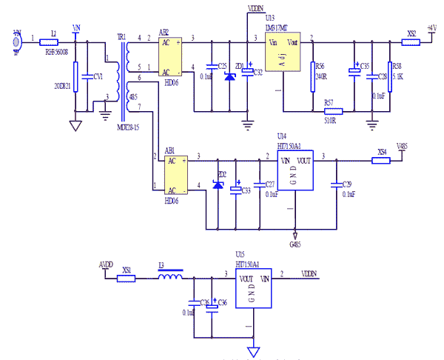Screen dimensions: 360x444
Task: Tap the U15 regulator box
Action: [x=254, y=290]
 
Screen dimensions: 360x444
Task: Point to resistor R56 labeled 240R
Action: [x=314, y=70]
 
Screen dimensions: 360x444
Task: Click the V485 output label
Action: [x=401, y=146]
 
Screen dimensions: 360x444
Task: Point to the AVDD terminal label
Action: [x=106, y=264]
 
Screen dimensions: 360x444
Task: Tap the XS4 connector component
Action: [x=381, y=159]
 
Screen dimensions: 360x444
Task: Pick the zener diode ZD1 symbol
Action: [x=229, y=73]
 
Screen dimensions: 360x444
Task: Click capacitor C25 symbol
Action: [x=213, y=70]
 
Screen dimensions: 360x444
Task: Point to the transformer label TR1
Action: [x=121, y=37]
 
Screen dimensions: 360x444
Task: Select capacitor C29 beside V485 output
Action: [x=336, y=183]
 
